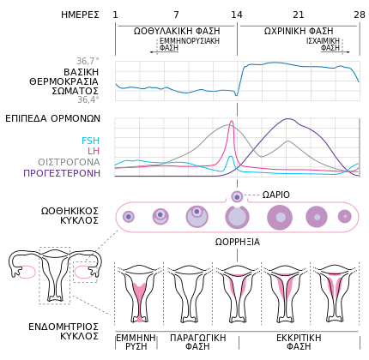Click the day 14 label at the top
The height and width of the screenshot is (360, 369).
(x=237, y=15)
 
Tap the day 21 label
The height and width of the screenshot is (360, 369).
(x=299, y=15)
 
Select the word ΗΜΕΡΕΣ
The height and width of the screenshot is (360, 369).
(x=80, y=15)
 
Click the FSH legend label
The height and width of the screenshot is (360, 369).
(x=90, y=141)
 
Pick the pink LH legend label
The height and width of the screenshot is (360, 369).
(x=94, y=151)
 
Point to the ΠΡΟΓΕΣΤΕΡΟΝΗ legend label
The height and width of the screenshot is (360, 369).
(x=62, y=173)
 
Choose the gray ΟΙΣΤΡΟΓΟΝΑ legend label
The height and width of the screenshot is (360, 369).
(x=69, y=162)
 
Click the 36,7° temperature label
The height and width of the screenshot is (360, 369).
(x=88, y=61)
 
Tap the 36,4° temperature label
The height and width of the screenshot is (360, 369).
(x=88, y=99)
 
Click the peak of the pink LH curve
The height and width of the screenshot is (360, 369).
(x=232, y=121)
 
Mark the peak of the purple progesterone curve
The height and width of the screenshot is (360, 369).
(x=287, y=119)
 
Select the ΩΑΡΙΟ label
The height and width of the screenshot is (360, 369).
(x=276, y=195)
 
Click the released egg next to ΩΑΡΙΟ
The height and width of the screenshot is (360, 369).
(x=237, y=196)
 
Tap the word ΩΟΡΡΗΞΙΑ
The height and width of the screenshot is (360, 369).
(x=238, y=242)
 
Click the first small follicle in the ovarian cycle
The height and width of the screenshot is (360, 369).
(x=129, y=217)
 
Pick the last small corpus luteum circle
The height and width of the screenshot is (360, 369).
(x=345, y=216)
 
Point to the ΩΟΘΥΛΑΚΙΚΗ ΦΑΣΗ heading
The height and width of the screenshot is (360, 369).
(x=177, y=31)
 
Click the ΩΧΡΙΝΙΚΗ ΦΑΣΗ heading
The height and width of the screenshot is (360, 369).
(x=299, y=31)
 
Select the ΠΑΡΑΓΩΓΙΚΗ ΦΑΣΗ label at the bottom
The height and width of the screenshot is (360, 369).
(x=198, y=342)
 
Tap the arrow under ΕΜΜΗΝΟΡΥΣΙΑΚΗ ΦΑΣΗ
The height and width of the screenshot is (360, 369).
(x=164, y=52)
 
